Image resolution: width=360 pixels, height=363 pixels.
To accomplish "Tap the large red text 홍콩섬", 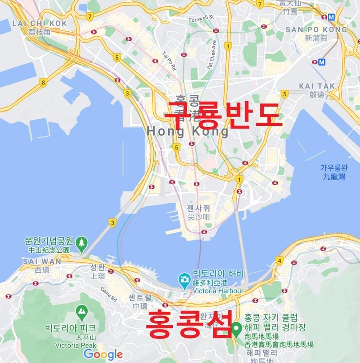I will pyautogui.click(x=189, y=324).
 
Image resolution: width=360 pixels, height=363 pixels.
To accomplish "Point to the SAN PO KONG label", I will pyautogui.click(x=316, y=29).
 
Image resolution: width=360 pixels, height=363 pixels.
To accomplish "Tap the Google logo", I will pyautogui.click(x=103, y=354).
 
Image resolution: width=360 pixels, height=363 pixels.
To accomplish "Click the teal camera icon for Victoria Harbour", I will pyautogui.click(x=184, y=279).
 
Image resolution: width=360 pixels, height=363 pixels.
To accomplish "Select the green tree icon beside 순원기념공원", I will pyautogui.click(x=82, y=243).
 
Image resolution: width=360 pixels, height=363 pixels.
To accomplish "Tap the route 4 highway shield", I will pyautogui.click(x=279, y=261).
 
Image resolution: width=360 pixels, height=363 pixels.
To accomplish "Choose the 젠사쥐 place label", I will pyautogui.click(x=199, y=208).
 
